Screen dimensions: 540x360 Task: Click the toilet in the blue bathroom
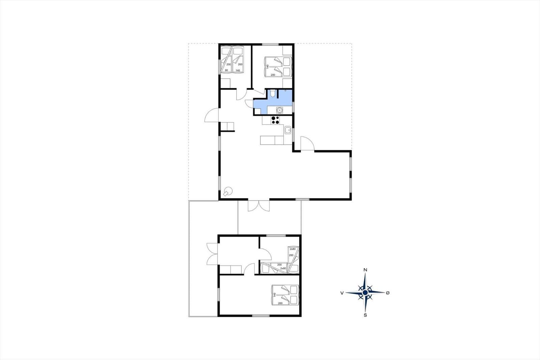[272, 93]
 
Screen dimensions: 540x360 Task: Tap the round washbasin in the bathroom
[279, 110]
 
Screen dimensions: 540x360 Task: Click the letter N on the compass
[365, 270]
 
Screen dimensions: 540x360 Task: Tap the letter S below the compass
[365, 315]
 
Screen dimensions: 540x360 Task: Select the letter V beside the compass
[342, 293]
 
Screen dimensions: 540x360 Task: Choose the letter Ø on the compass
[388, 293]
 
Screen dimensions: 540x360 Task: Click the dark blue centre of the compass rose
[365, 293]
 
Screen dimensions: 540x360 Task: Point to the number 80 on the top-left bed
[58, 71]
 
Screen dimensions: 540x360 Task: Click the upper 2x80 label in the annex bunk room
[293, 249]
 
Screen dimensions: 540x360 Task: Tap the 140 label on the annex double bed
[275, 294]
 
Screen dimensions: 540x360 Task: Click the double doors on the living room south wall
[259, 206]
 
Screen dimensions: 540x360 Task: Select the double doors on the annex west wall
[212, 254]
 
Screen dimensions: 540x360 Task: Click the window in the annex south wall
[261, 316]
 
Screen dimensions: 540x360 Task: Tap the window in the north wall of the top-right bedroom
[270, 44]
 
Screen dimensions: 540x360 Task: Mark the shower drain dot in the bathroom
[286, 91]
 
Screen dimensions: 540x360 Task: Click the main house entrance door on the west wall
[212, 115]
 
